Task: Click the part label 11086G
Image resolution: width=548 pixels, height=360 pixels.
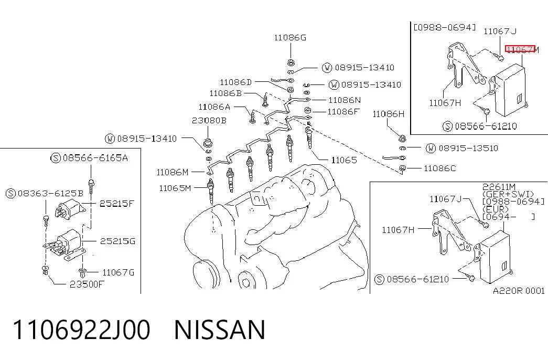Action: (x=290, y=37)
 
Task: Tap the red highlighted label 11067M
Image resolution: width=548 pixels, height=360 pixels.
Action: (x=522, y=50)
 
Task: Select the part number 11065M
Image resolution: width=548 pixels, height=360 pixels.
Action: (x=175, y=188)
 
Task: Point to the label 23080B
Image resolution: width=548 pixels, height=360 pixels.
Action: (x=209, y=120)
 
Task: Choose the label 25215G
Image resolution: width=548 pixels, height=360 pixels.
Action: (x=117, y=241)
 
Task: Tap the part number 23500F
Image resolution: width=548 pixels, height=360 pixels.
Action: (x=87, y=284)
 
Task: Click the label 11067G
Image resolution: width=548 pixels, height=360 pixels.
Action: (x=118, y=272)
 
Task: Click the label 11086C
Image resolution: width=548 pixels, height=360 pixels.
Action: (x=439, y=168)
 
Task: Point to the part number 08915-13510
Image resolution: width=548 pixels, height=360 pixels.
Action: (x=468, y=149)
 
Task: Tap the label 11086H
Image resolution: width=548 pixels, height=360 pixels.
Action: (x=388, y=114)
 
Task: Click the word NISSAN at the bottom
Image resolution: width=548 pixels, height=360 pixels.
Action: (x=220, y=330)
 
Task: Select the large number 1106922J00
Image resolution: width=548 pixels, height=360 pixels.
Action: (x=81, y=330)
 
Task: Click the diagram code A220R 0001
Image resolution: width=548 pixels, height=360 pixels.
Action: (x=519, y=291)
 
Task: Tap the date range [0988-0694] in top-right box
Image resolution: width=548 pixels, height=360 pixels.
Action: (x=445, y=27)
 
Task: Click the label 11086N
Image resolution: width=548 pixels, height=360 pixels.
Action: (x=345, y=100)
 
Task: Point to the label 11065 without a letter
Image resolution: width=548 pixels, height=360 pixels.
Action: (x=344, y=160)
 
